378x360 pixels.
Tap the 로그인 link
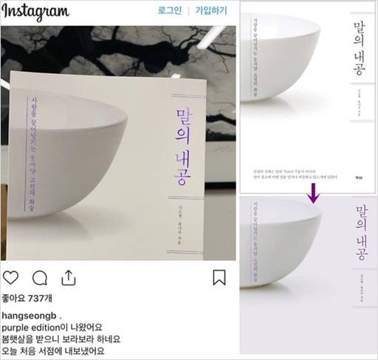(x=169, y=12)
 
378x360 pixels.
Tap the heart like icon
(x=11, y=278)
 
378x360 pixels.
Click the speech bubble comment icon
(x=40, y=278)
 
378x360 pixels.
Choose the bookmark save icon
(x=219, y=278)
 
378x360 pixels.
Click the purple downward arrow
(x=315, y=194)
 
